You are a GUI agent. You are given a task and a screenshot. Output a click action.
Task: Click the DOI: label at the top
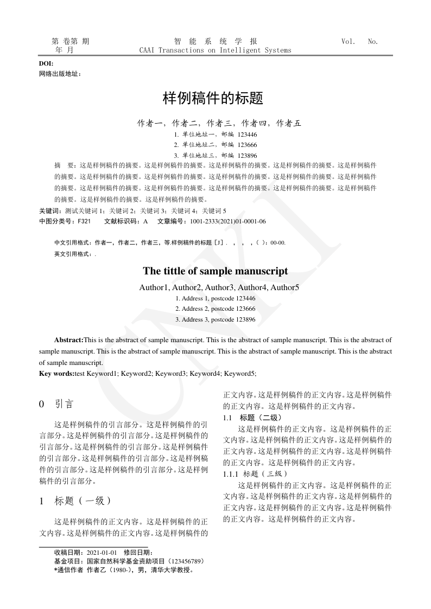click(46, 63)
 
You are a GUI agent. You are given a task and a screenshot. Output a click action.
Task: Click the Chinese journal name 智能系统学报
click(215, 41)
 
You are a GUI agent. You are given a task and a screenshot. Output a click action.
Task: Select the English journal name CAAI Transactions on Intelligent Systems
click(215, 50)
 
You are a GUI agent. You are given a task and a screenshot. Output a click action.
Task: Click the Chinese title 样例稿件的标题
click(213, 99)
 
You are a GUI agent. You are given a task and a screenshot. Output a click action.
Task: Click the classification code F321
click(84, 221)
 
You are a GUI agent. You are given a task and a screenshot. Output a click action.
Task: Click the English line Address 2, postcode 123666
click(215, 309)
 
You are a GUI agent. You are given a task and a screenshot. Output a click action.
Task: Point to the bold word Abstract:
click(68, 340)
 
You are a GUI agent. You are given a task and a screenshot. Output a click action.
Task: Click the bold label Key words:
click(56, 373)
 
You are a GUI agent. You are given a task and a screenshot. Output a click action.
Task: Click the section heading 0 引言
click(56, 404)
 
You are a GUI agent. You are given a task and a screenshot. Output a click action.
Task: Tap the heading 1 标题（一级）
click(76, 501)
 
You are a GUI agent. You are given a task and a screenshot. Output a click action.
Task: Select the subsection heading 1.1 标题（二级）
click(252, 418)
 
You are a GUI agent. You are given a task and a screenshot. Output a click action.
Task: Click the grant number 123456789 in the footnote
click(187, 561)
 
